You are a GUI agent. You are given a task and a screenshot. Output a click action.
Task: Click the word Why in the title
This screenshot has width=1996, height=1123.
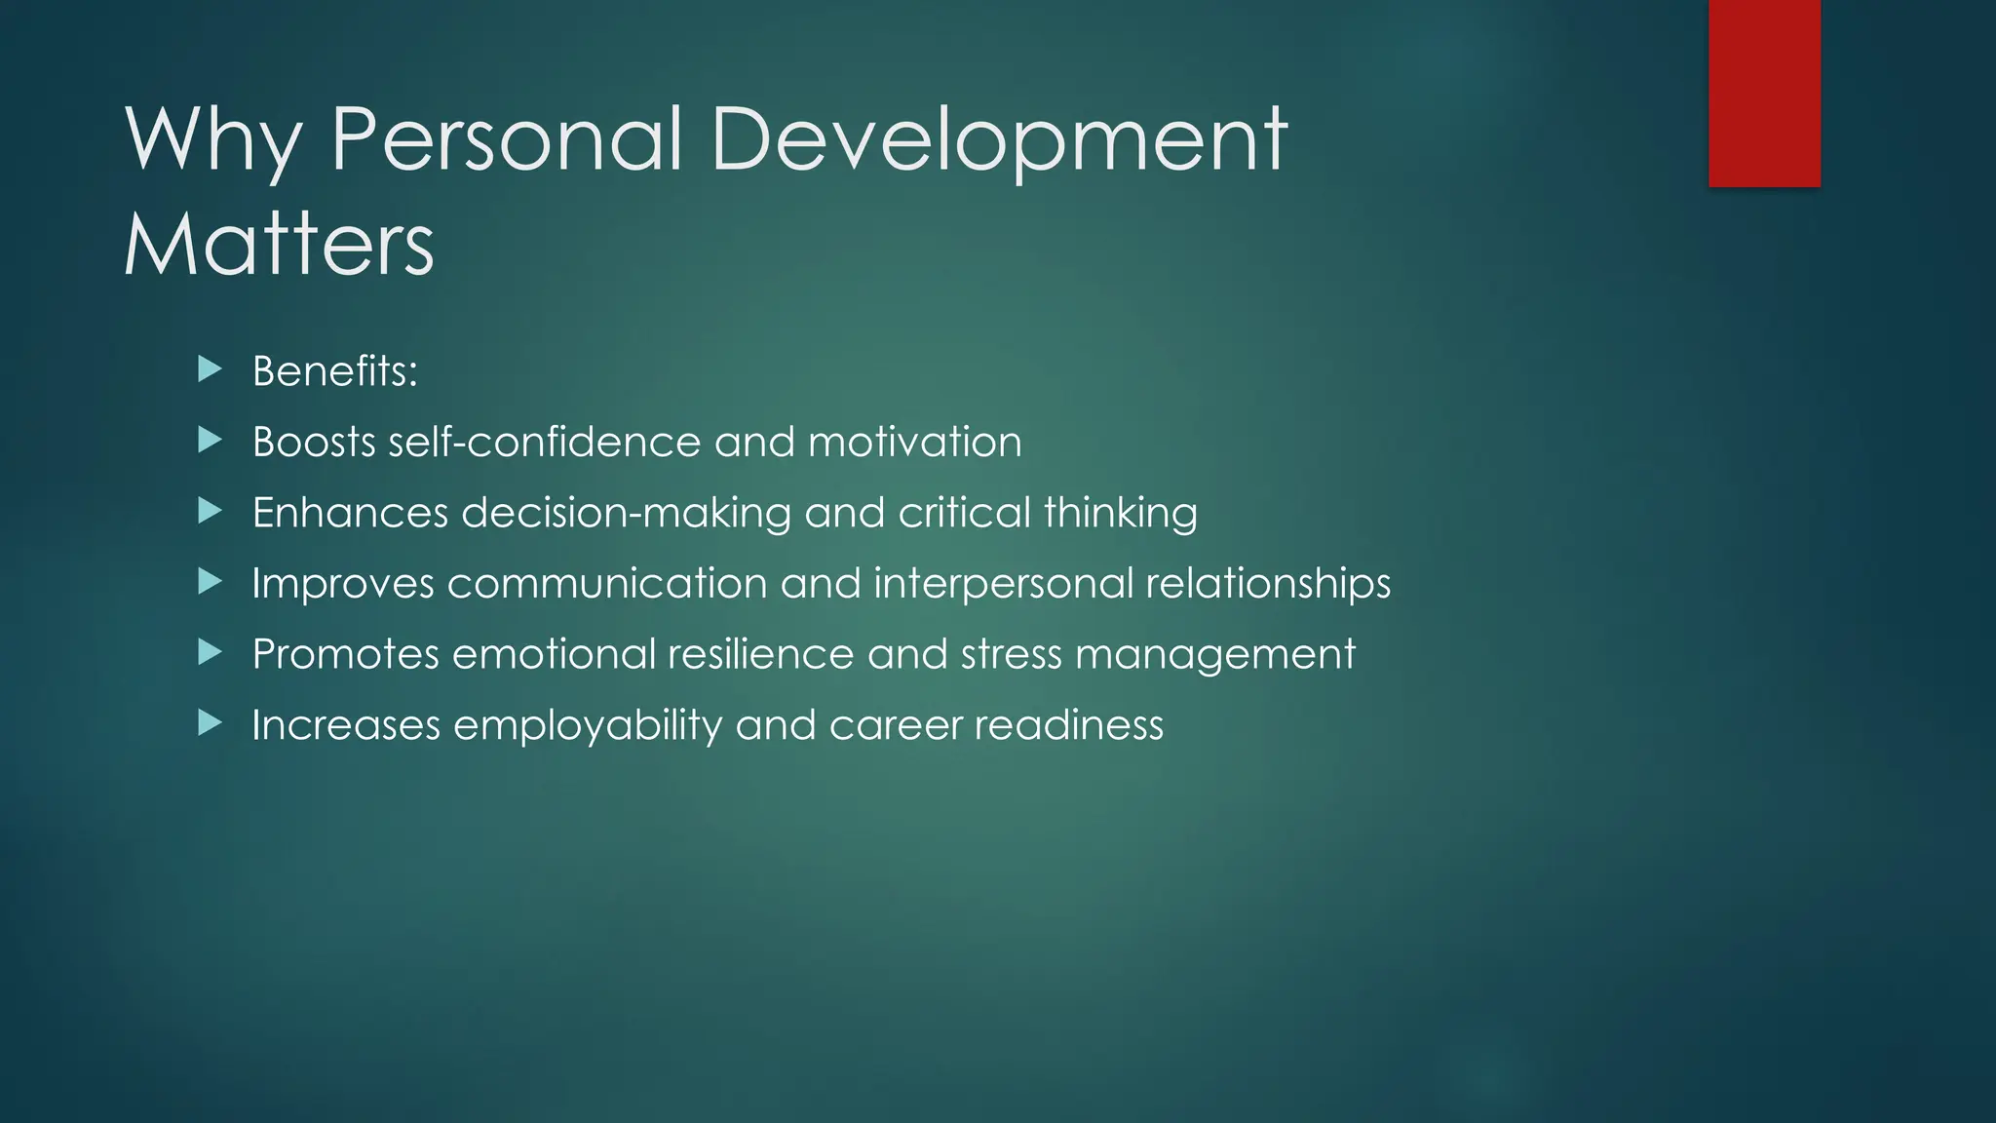(x=212, y=141)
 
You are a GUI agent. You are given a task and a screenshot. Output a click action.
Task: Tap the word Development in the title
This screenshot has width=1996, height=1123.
(x=999, y=141)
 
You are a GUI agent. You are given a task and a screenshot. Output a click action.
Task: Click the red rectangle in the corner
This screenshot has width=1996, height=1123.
(x=1764, y=93)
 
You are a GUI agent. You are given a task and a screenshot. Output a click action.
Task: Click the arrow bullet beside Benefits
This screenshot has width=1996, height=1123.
(x=210, y=369)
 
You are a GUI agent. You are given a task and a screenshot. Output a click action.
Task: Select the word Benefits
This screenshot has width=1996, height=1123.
(x=334, y=371)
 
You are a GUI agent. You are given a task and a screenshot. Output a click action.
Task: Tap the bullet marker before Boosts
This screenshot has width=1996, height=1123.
(x=210, y=441)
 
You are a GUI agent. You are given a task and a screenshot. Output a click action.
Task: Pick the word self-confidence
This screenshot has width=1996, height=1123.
(x=544, y=442)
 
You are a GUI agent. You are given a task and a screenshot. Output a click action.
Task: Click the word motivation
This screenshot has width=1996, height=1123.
(x=915, y=442)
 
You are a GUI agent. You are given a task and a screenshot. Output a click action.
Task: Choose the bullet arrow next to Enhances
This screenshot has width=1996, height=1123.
(x=210, y=511)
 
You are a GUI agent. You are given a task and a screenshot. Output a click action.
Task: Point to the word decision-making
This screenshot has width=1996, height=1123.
(x=626, y=514)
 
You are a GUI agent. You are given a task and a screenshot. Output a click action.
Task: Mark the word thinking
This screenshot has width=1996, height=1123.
(x=1121, y=514)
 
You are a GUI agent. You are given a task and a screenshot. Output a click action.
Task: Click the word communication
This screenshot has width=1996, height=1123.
(x=606, y=584)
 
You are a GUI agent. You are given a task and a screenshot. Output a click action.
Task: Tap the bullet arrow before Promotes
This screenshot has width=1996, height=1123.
(x=210, y=652)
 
